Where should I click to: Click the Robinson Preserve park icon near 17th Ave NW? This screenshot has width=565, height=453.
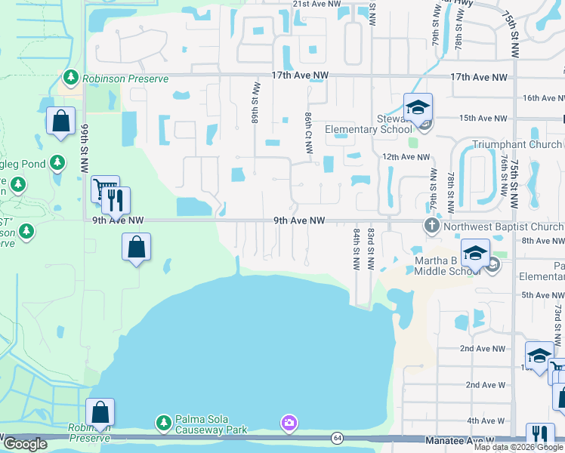(x=70, y=77)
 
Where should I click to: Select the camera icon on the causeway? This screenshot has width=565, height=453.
(x=289, y=423)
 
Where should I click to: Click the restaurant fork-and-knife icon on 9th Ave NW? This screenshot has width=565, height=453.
(x=116, y=200)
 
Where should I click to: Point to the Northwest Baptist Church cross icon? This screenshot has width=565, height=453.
(x=431, y=226)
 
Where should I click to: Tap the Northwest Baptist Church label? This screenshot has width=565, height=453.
(x=504, y=226)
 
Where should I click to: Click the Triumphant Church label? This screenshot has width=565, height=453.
(x=517, y=144)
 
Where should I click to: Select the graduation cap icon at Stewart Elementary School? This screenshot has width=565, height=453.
(x=417, y=106)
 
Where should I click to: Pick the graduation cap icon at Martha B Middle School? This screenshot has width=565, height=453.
(x=475, y=253)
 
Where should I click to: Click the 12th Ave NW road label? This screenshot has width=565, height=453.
(x=406, y=156)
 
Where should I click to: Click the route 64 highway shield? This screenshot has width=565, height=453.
(x=336, y=438)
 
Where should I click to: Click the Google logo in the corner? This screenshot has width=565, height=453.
(x=24, y=444)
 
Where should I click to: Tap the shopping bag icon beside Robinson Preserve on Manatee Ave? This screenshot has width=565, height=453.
(x=100, y=411)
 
